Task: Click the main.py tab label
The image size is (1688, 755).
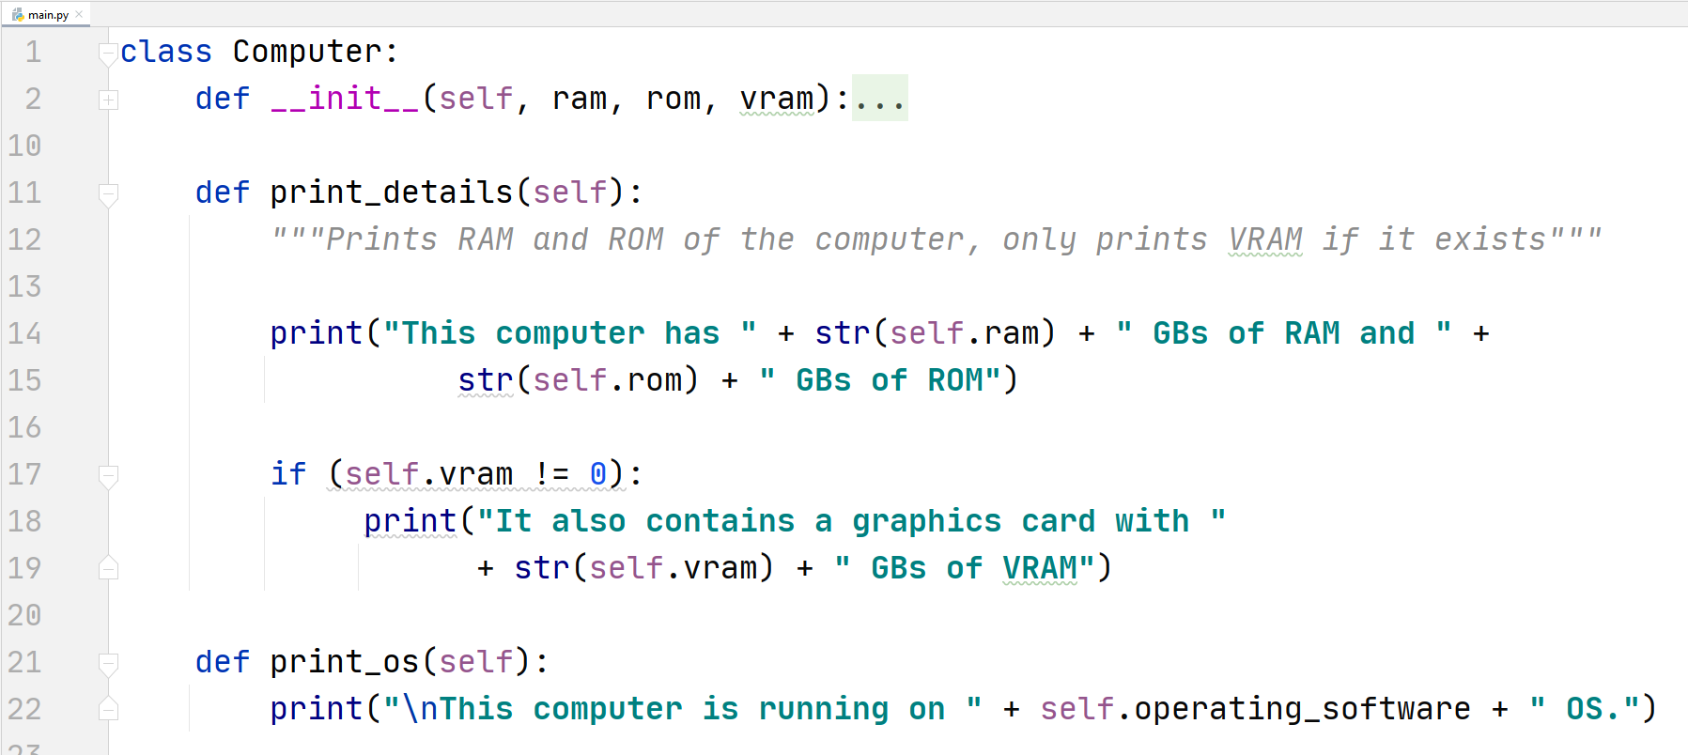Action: (48, 14)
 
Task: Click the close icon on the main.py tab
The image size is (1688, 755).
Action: (79, 14)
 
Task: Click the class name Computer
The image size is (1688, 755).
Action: (307, 52)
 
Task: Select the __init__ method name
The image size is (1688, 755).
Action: (345, 99)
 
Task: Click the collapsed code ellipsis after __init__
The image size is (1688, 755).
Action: (879, 99)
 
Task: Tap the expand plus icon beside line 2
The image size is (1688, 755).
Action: (109, 100)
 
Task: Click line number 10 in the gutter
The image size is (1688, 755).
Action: (24, 146)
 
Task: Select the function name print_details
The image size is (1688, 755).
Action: (391, 193)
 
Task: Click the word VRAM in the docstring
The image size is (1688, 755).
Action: (1265, 239)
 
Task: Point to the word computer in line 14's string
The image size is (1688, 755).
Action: (569, 333)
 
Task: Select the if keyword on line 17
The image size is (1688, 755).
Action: (288, 474)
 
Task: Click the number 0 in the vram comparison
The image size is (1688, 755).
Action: (598, 474)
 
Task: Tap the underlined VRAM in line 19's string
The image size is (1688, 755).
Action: (1040, 568)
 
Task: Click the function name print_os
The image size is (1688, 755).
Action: (344, 662)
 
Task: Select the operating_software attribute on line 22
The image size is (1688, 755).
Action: (1302, 709)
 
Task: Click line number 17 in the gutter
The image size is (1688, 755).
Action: (24, 474)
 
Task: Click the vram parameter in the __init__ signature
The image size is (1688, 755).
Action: (777, 99)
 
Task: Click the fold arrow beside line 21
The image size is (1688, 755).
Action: (109, 663)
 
